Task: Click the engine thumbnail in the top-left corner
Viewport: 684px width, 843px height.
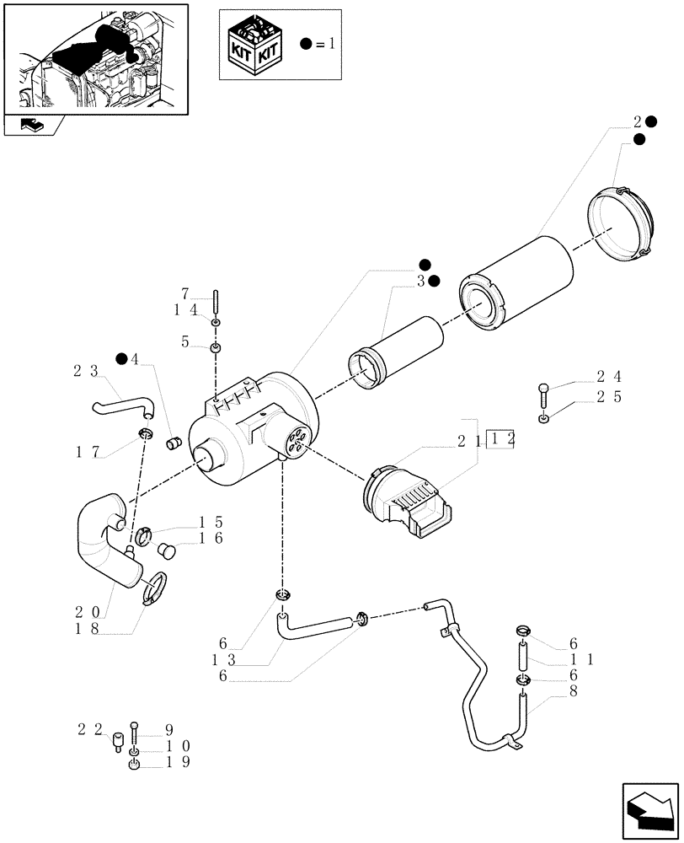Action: click(94, 57)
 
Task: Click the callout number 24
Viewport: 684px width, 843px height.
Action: click(609, 376)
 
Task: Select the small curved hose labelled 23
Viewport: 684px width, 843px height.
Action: click(122, 406)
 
